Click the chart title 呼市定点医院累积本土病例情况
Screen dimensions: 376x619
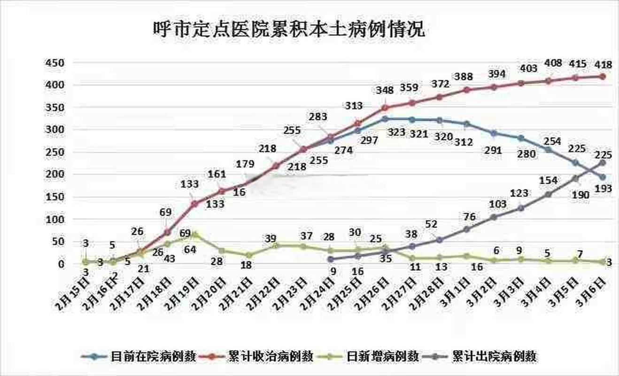pos(289,29)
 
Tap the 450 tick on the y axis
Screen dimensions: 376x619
pos(54,63)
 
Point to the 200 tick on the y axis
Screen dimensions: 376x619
pos(54,174)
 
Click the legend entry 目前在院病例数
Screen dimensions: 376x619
pos(153,356)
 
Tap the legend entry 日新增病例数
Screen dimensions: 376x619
pos(382,356)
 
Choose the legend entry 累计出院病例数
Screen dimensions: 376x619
pos(495,356)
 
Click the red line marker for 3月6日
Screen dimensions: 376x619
pos(603,76)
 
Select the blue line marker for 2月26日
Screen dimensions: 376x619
pos(385,119)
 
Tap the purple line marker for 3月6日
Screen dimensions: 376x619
pos(603,163)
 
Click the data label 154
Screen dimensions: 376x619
pos(549,180)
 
